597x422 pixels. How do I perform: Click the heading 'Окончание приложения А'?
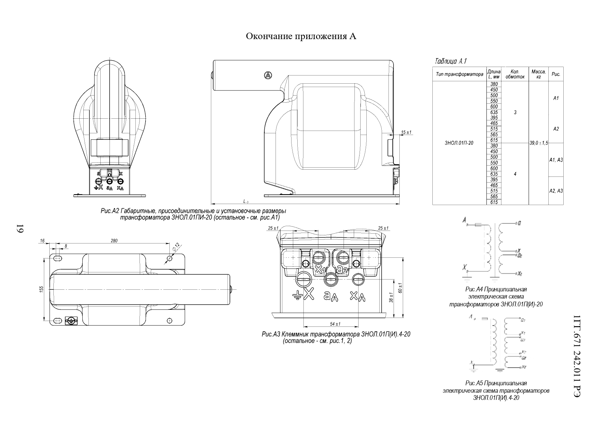[301, 36]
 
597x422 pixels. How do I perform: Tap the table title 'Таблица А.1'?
[450, 62]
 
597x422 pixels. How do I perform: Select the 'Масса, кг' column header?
[538, 74]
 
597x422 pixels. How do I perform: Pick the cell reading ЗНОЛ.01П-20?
[459, 143]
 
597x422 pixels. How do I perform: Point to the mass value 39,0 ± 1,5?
[538, 143]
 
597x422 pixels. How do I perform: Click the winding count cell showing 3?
[515, 112]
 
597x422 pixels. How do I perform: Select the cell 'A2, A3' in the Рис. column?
[556, 191]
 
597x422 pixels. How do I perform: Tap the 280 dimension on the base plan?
[114, 241]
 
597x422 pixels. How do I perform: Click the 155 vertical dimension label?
[42, 289]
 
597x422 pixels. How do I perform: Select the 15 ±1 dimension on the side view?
[406, 132]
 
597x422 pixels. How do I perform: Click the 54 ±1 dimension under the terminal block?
[335, 324]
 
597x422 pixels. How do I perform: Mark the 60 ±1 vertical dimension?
[401, 288]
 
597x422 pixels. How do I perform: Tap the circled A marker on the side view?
[268, 76]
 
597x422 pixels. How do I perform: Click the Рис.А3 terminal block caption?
[336, 337]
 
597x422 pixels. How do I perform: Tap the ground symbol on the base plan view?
[71, 320]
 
